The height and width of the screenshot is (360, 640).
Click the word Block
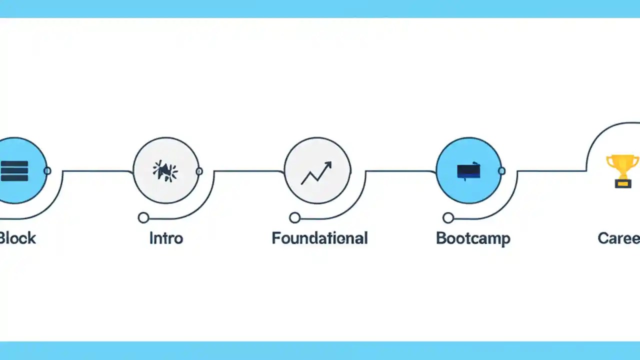[18, 238]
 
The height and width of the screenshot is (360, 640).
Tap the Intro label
[166, 238]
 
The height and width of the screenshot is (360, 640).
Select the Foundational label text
[319, 238]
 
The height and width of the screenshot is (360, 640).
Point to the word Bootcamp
[473, 238]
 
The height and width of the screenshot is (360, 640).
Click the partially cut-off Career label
[619, 238]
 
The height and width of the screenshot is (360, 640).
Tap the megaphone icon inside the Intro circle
[165, 171]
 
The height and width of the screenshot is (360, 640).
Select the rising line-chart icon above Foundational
[316, 173]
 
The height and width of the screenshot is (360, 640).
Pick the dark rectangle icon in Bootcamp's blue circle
[468, 171]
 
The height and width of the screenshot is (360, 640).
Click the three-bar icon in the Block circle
[14, 171]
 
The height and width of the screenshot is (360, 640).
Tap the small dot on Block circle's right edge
[47, 171]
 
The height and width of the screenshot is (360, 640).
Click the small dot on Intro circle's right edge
[199, 171]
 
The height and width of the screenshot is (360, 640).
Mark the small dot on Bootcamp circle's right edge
[501, 171]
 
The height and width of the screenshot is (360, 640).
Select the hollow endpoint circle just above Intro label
[143, 217]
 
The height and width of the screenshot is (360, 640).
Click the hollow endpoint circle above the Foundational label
[295, 217]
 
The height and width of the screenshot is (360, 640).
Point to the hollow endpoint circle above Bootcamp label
[448, 217]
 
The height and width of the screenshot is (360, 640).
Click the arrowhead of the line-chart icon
[328, 164]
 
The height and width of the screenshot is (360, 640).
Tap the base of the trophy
[622, 184]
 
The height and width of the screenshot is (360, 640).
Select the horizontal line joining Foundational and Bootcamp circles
[400, 171]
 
